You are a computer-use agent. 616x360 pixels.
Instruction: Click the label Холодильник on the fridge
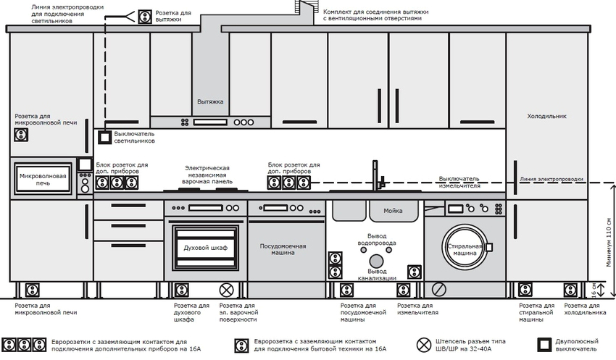coord(546,116)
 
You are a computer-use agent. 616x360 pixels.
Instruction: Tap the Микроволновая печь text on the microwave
coord(43,180)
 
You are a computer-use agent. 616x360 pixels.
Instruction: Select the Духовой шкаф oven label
coord(205,248)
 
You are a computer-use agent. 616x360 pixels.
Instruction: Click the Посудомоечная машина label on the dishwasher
coord(283,251)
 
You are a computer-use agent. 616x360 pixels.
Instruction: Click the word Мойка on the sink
coord(393,211)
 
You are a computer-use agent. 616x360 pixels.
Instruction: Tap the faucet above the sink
coord(376,175)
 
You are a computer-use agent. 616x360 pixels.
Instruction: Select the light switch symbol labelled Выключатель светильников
coord(104,136)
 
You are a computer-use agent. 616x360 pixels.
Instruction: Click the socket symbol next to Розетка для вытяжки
coord(144,16)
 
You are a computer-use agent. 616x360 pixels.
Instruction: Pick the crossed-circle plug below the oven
coord(227,290)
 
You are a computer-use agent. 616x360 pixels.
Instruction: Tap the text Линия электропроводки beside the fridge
coord(552,178)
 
